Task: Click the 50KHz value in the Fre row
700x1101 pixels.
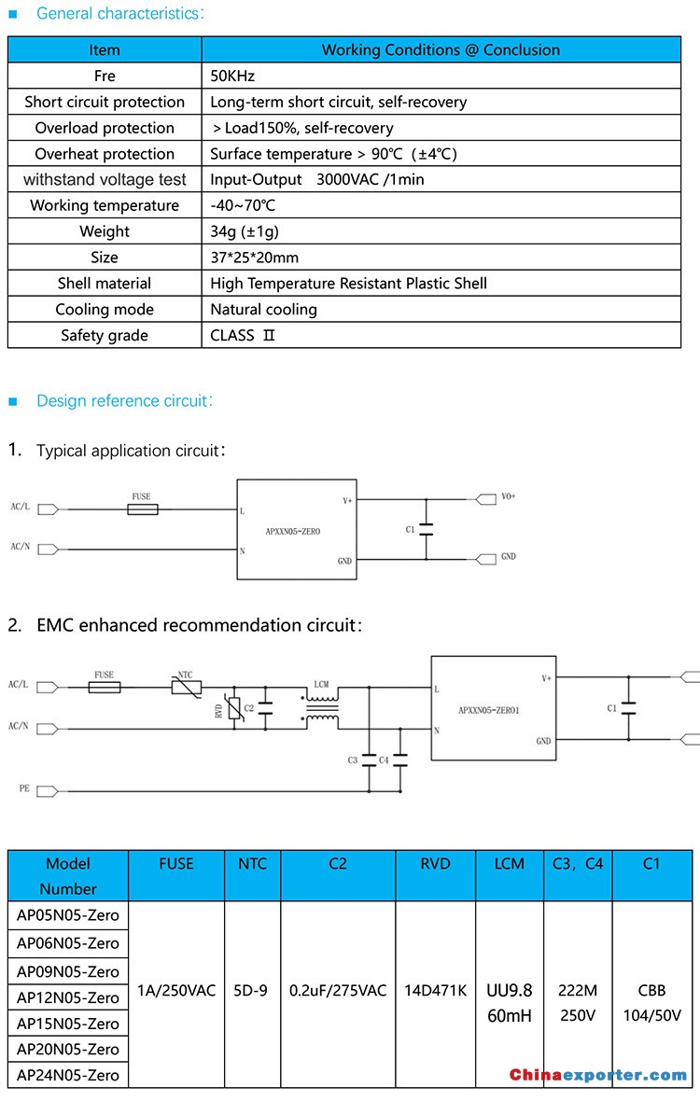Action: [232, 76]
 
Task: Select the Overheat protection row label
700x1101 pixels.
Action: [105, 154]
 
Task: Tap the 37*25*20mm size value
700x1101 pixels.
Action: [254, 258]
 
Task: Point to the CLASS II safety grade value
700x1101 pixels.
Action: [243, 336]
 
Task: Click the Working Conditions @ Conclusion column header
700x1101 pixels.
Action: [441, 49]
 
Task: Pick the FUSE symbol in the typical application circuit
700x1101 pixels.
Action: [143, 509]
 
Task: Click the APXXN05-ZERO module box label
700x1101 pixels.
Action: [293, 532]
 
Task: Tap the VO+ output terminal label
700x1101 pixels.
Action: [509, 496]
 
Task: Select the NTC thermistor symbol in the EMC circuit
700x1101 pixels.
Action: [187, 688]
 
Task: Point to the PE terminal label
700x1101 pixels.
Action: [24, 788]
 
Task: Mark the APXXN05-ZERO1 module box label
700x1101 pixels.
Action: [489, 711]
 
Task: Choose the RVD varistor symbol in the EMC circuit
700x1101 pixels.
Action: [235, 708]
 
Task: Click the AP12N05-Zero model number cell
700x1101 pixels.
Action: [68, 997]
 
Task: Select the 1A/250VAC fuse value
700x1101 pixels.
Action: [176, 991]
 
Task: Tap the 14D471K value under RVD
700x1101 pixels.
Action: [435, 991]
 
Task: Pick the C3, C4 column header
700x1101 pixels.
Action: [578, 864]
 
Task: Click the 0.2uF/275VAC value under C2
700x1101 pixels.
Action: [338, 991]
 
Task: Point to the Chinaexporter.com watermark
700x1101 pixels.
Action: [598, 1075]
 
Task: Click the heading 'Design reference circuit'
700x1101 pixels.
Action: [124, 401]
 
